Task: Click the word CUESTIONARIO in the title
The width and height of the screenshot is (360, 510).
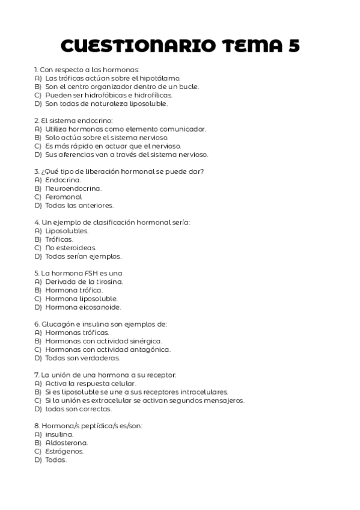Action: point(136,46)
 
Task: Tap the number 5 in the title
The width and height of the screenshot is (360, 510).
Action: point(293,46)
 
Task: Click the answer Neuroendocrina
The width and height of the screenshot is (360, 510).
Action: point(73,188)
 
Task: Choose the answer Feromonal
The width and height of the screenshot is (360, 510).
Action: point(64,197)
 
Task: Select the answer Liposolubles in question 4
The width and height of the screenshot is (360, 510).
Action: point(67,230)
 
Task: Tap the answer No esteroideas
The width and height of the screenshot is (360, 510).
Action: point(70,247)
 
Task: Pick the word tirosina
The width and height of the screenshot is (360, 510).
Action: point(109,281)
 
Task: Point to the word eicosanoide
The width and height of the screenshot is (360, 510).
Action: point(100,307)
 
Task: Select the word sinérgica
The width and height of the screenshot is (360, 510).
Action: point(145,341)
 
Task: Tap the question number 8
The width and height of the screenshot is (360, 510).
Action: point(37,426)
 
